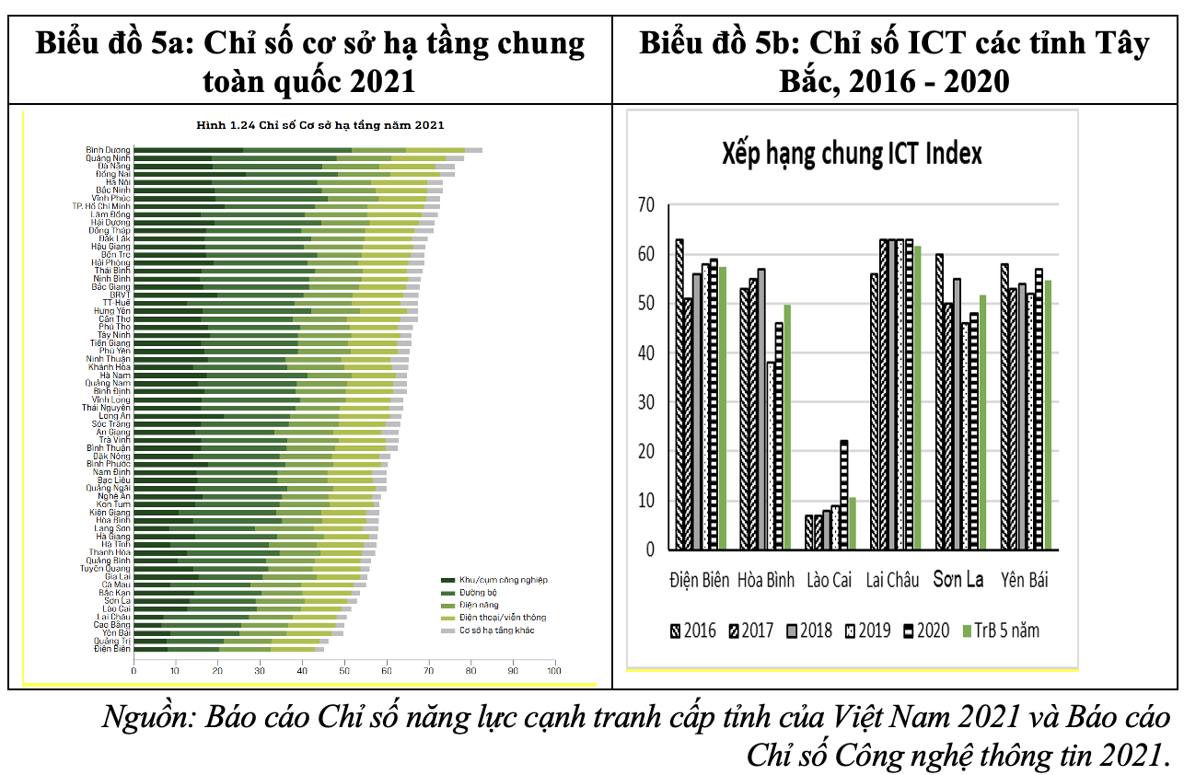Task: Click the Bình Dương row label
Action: [x=109, y=149]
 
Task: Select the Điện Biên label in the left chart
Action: [x=112, y=649]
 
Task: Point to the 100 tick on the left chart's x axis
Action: [x=554, y=672]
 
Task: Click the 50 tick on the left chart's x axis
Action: [x=344, y=672]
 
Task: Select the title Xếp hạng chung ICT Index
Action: [x=851, y=153]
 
